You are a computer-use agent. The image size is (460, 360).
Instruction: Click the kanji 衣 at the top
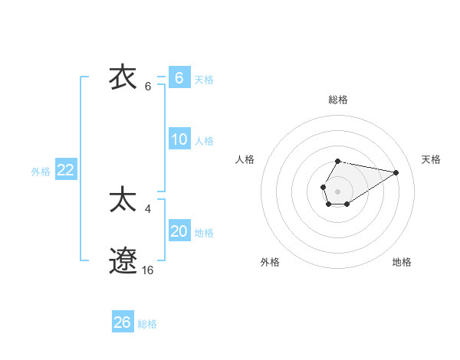(123, 78)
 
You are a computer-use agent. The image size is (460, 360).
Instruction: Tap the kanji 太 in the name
(123, 200)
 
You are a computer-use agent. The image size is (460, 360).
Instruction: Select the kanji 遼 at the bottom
(123, 261)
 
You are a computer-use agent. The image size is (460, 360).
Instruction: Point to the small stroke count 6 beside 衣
(148, 87)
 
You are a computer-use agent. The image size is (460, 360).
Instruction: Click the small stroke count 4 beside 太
(148, 208)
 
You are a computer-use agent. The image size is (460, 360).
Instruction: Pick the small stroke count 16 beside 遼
(148, 270)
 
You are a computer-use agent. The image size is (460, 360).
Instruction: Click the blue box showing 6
(179, 78)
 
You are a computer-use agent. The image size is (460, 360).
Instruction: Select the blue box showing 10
(179, 139)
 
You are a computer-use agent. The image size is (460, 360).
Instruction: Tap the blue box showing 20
(179, 231)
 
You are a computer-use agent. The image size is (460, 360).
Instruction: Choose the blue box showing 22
(65, 170)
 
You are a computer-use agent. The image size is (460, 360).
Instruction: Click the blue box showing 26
(123, 322)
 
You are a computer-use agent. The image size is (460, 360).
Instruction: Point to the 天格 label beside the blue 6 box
(204, 79)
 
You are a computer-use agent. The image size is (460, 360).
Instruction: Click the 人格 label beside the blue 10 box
(204, 140)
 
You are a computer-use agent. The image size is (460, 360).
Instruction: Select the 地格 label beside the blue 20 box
(204, 232)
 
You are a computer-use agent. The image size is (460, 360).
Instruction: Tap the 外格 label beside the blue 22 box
(41, 172)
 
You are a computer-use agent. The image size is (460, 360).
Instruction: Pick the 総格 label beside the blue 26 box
(147, 324)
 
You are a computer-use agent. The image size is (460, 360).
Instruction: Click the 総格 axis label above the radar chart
(337, 100)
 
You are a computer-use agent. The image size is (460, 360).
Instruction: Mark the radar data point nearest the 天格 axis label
(396, 172)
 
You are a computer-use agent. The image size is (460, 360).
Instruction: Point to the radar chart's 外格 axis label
(270, 262)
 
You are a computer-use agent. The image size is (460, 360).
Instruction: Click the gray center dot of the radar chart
(337, 190)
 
